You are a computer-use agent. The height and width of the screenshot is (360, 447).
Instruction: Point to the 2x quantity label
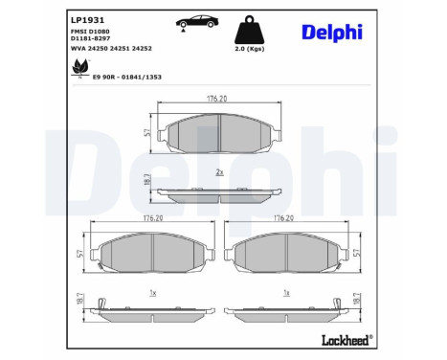[x=219, y=172]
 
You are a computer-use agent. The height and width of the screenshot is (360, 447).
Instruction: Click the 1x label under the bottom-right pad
[x=286, y=292]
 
